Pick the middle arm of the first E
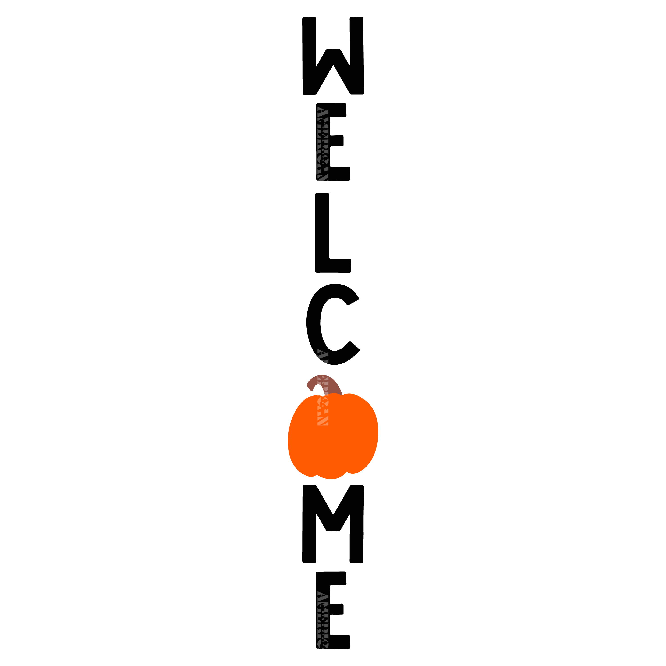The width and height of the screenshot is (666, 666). pyautogui.click(x=336, y=141)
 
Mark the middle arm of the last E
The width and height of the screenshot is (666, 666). pyautogui.click(x=336, y=609)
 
